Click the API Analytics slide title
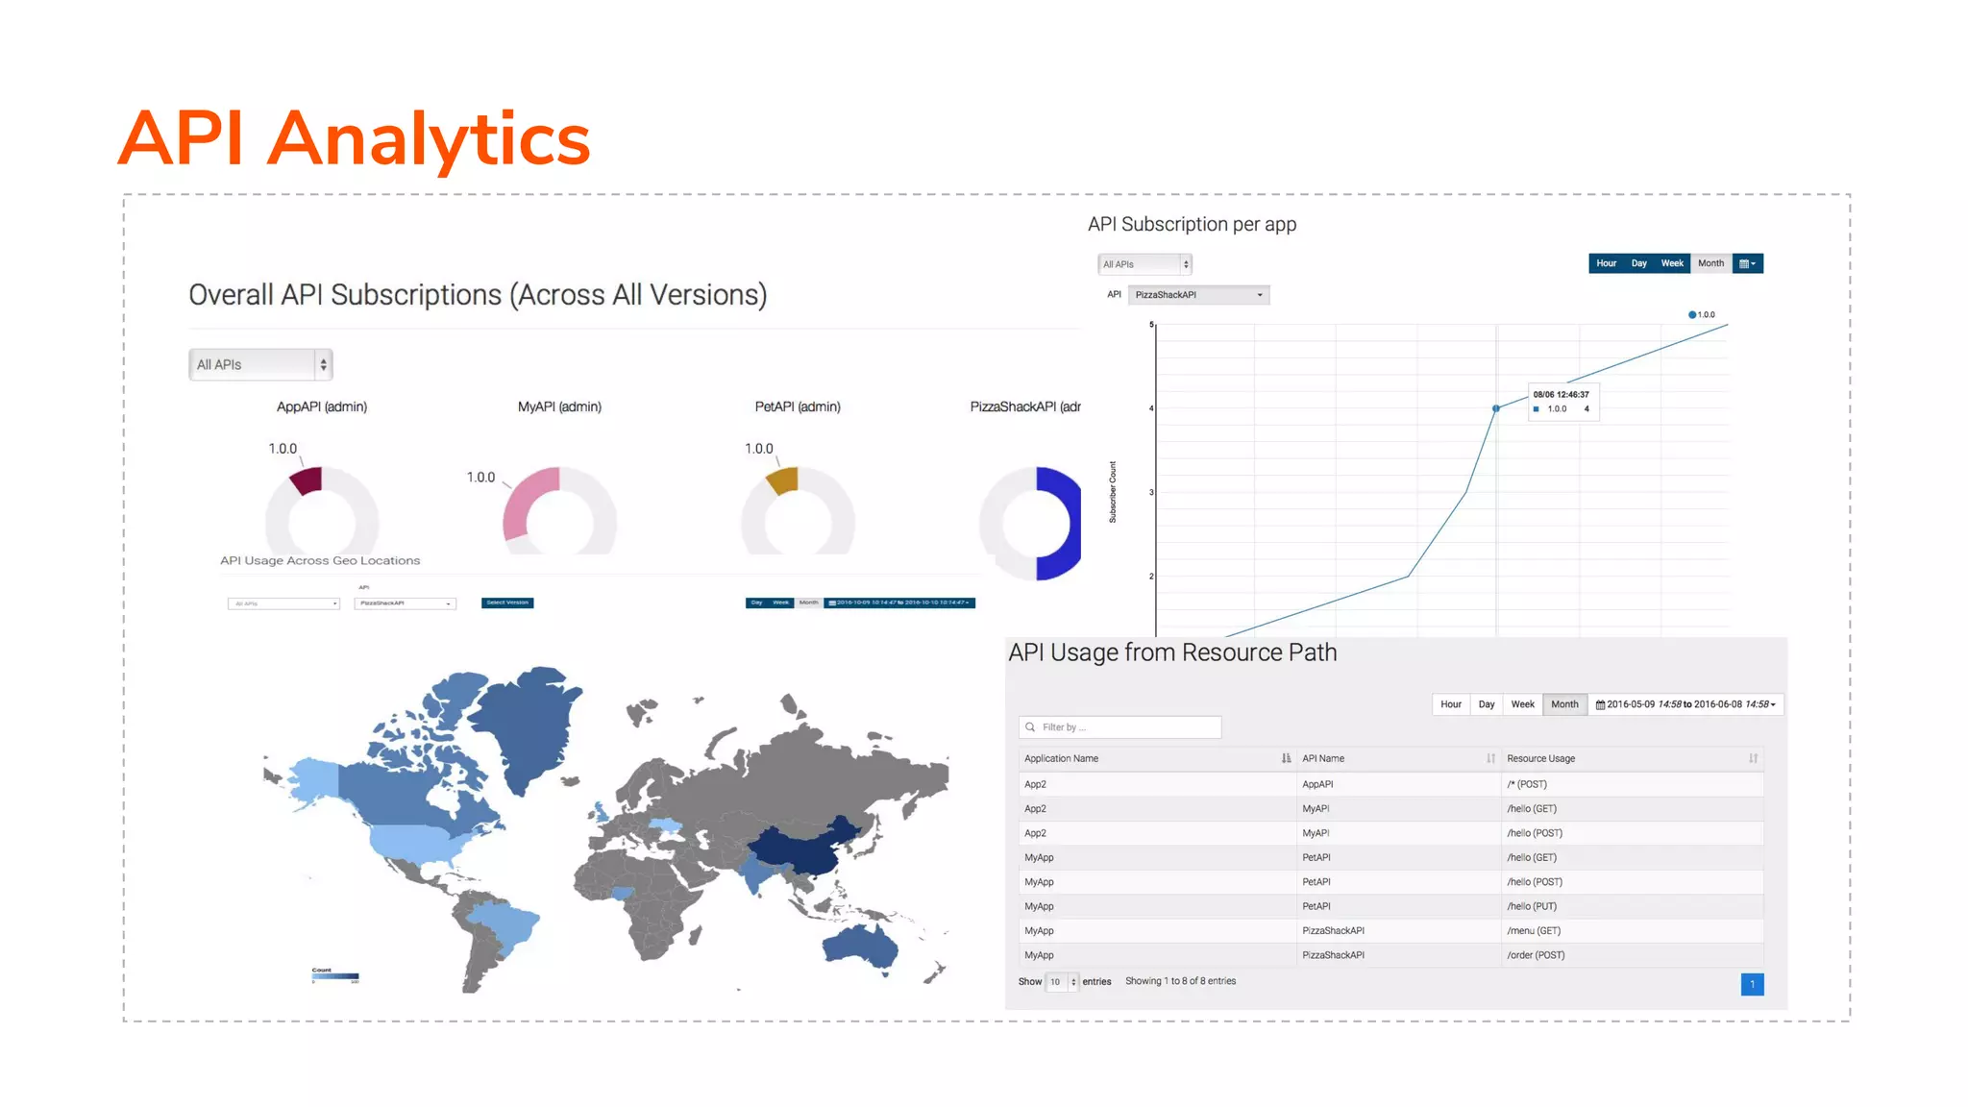[354, 138]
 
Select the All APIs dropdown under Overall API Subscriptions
[259, 364]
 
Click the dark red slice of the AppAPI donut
[307, 480]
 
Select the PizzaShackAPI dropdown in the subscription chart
[1197, 295]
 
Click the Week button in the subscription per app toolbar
[1672, 263]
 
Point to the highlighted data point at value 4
[1495, 408]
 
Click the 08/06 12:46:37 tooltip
[1562, 402]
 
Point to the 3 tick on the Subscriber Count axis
[1151, 492]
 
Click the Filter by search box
[1119, 727]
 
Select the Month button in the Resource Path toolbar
[1563, 704]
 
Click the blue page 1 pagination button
[1752, 984]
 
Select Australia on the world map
[862, 946]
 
